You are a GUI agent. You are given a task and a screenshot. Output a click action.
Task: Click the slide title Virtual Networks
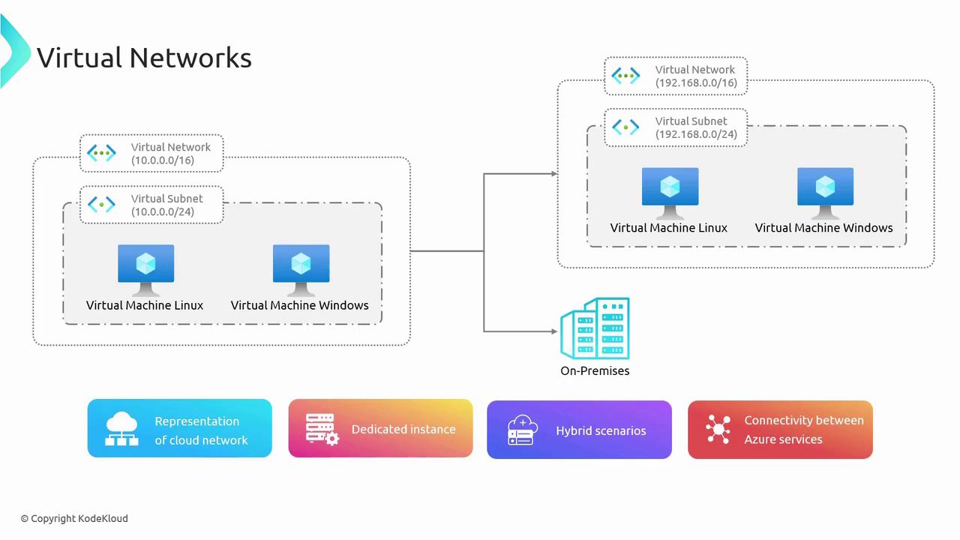[x=144, y=58]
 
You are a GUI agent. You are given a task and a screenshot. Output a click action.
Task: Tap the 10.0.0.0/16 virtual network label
[x=171, y=154]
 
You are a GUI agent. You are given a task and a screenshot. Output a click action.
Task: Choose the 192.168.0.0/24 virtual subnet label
[x=696, y=127]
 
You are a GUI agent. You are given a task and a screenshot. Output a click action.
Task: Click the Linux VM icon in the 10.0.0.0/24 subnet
[x=145, y=269]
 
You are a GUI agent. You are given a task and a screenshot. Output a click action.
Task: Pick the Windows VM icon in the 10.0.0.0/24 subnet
[x=301, y=269]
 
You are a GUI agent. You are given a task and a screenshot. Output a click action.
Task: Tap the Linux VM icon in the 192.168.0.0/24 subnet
[x=670, y=192]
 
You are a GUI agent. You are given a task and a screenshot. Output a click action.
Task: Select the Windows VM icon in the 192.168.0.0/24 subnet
[x=825, y=192]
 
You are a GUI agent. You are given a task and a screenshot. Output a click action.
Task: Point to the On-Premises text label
[x=595, y=370]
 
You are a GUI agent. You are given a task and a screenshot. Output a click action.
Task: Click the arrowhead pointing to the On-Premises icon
[x=555, y=331]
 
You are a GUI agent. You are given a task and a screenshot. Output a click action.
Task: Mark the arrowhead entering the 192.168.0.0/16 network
[x=554, y=174]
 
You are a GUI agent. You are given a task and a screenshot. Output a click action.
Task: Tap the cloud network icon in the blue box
[x=122, y=429]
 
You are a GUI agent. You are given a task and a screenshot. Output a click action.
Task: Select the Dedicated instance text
[x=403, y=430]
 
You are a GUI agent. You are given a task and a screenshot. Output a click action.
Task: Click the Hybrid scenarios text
[x=601, y=430]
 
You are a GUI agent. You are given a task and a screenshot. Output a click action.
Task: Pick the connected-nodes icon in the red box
[x=718, y=430]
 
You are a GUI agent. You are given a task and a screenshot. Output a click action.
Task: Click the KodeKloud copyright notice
[x=74, y=518]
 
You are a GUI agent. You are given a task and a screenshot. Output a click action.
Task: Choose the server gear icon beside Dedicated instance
[x=322, y=430]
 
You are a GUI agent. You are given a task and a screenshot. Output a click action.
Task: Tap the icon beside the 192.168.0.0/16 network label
[x=625, y=76]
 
